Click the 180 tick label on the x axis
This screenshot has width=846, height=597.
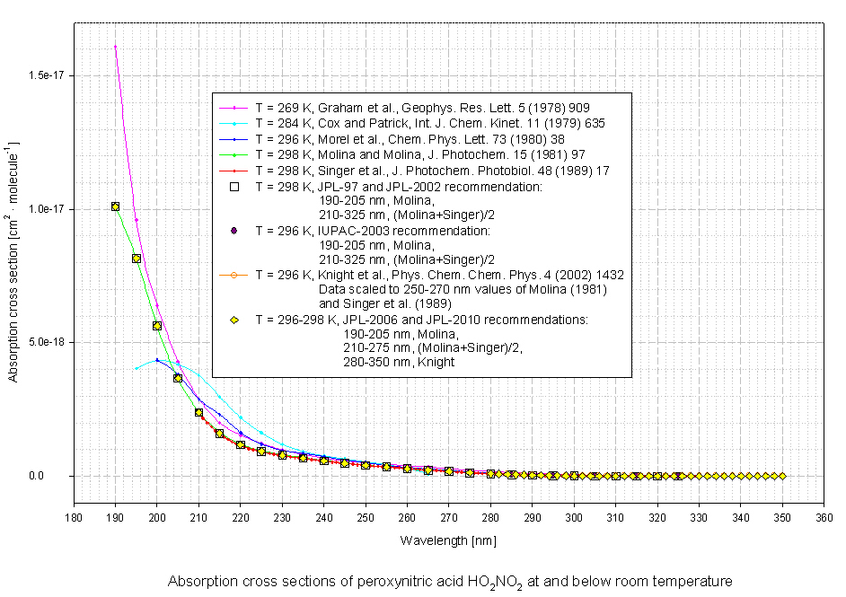74,518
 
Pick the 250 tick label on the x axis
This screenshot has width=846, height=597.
366,518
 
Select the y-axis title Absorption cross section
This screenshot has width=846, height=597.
15,261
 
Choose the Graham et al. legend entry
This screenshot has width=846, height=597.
422,107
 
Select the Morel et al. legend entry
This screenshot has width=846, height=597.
413,139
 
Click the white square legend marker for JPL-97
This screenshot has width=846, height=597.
234,188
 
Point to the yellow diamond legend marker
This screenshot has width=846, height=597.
234,320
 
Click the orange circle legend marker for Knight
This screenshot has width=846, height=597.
234,275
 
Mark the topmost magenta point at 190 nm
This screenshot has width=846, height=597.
115,47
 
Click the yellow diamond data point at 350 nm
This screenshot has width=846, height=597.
782,476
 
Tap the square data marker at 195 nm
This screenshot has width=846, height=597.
137,259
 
